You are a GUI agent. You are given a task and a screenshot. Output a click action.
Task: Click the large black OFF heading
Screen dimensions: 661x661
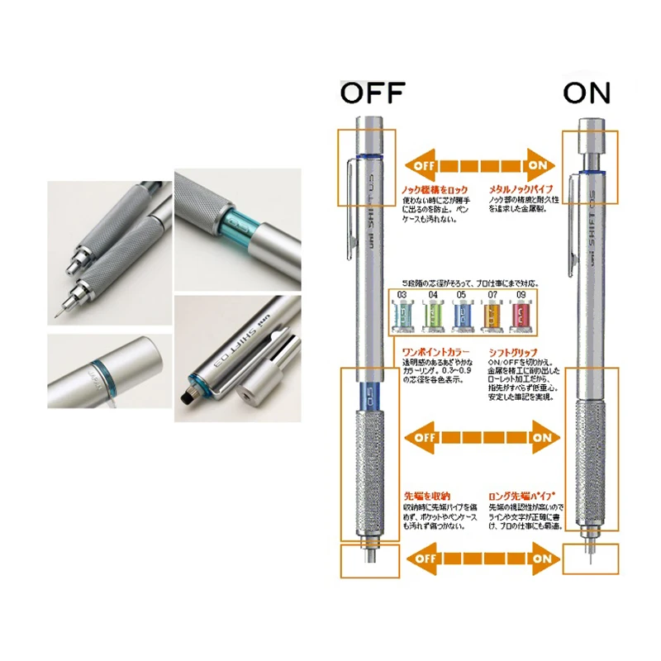click(373, 93)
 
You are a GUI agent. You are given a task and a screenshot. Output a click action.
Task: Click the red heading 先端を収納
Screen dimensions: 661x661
click(421, 496)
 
